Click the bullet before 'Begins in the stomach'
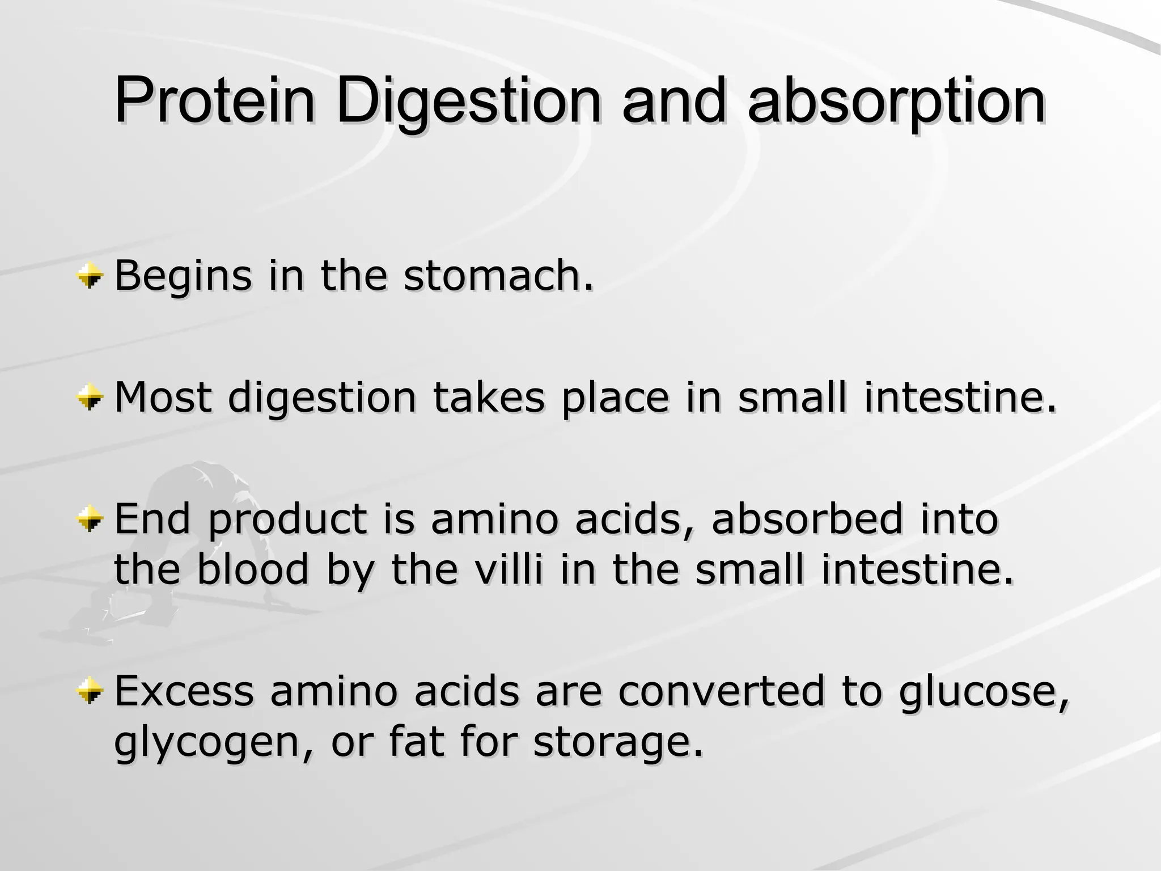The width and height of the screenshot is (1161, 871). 90,277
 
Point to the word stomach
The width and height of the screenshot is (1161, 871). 499,276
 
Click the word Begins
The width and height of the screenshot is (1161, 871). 183,276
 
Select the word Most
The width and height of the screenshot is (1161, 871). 163,398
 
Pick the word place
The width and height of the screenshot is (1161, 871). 615,398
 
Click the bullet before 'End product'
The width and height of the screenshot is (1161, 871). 90,521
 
